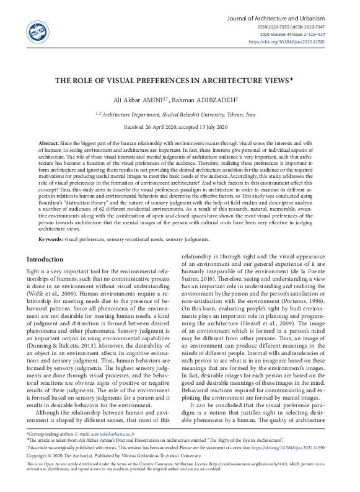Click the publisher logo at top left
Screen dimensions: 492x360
(x=34, y=29)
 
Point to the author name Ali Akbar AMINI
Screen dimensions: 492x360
(x=136, y=100)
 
